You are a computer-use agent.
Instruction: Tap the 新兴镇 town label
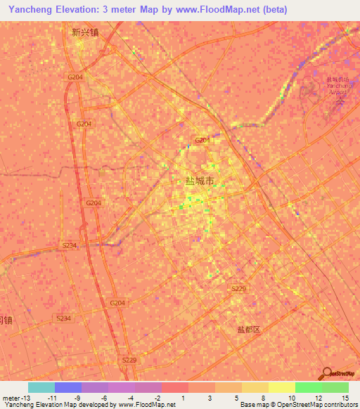pos(85,32)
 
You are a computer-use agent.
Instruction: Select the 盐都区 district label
pos(248,329)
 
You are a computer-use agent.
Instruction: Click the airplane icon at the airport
pos(340,103)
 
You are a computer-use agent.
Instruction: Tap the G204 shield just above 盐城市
pos(202,141)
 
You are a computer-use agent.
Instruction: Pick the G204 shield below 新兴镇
pos(75,77)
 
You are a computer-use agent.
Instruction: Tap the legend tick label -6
pos(105,398)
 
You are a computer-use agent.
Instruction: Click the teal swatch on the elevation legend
pos(41,387)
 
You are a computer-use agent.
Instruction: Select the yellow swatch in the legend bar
pos(281,387)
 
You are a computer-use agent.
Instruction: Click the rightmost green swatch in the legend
pos(335,387)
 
